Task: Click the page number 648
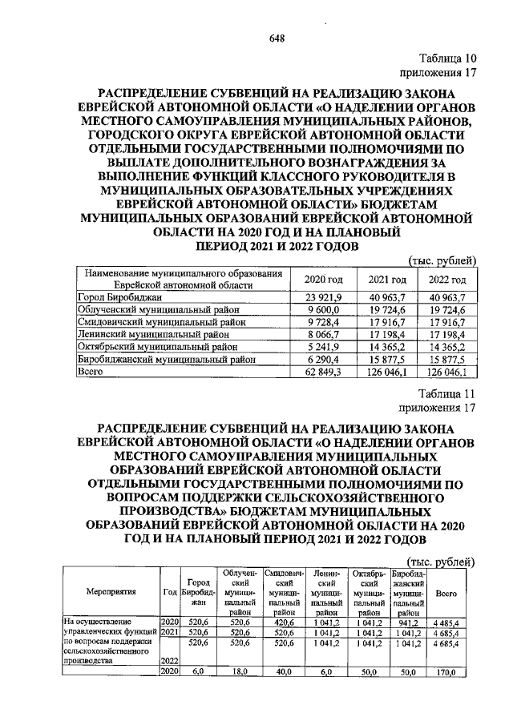pyautogui.click(x=256, y=38)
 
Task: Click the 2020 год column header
pyautogui.click(x=324, y=279)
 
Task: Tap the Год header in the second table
pyautogui.click(x=169, y=592)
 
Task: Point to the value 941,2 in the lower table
pyautogui.click(x=409, y=621)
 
